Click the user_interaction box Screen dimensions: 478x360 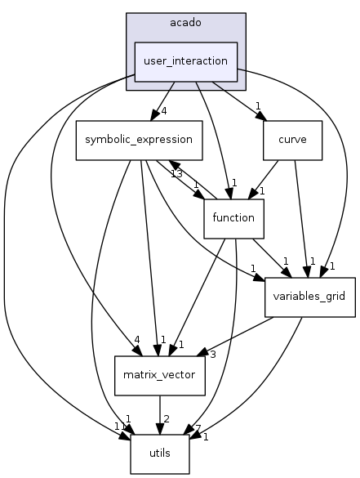pyautogui.click(x=185, y=61)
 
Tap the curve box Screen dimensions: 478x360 pyautogui.click(x=291, y=139)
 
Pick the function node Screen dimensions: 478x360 pyautogui.click(x=233, y=218)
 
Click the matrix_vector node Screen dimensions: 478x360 pyautogui.click(x=160, y=376)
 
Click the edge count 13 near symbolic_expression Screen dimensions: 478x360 pyautogui.click(x=176, y=172)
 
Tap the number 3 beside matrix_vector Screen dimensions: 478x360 pyautogui.click(x=211, y=353)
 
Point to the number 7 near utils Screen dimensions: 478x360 pyautogui.click(x=198, y=429)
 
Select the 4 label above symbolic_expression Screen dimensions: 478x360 pyautogui.click(x=164, y=112)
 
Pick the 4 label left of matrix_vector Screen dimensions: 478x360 pyautogui.click(x=137, y=339)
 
